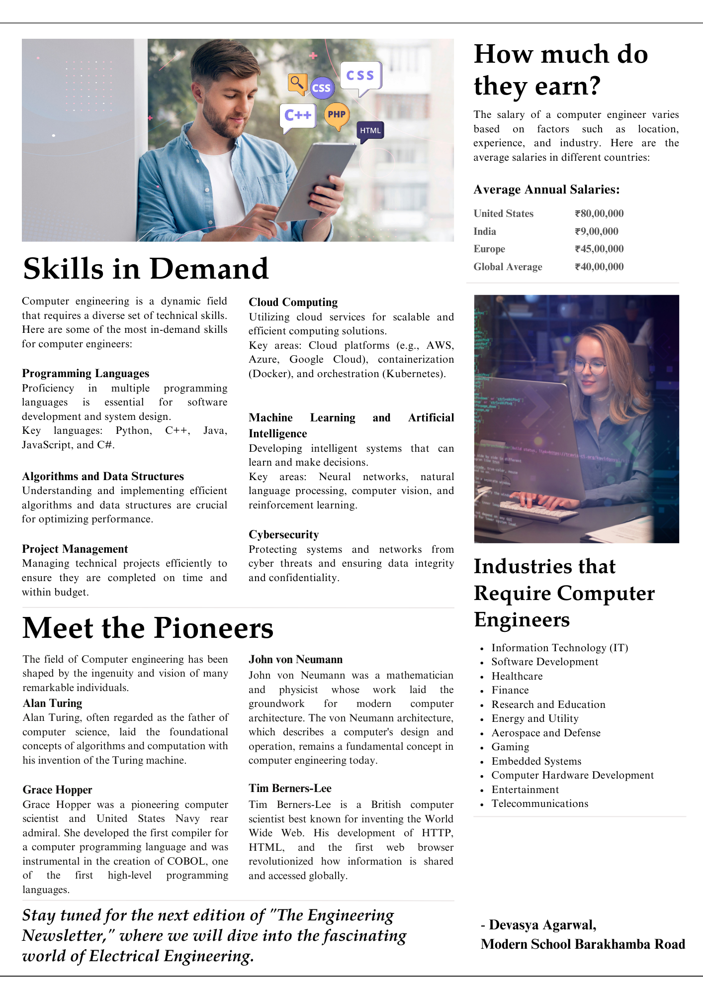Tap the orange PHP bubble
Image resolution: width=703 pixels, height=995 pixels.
pos(337,114)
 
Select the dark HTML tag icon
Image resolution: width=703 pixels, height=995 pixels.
pos(370,130)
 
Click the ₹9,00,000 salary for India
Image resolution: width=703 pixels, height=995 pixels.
pos(597,231)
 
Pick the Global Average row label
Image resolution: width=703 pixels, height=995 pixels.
pos(508,267)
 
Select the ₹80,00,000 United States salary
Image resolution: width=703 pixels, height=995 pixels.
pos(599,213)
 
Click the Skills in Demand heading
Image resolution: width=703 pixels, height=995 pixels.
pos(146,269)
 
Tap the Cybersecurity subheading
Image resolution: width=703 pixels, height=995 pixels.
pos(283,534)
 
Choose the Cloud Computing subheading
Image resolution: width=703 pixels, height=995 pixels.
pos(293,302)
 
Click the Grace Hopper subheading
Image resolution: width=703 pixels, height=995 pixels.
pos(57,790)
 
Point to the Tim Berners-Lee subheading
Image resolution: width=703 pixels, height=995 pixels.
pos(290,788)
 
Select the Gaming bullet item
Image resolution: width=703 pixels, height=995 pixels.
pos(510,747)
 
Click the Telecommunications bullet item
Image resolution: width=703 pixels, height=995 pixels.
pos(539,803)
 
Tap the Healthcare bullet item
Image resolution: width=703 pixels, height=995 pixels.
pos(517,676)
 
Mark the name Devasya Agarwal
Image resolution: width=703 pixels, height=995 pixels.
pos(542,925)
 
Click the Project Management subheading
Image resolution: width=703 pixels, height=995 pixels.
pos(75,549)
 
